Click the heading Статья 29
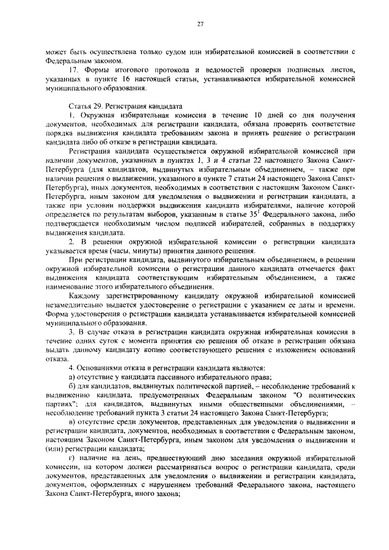coord(87,105)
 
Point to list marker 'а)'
coord(72,377)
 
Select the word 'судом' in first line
coord(180,52)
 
